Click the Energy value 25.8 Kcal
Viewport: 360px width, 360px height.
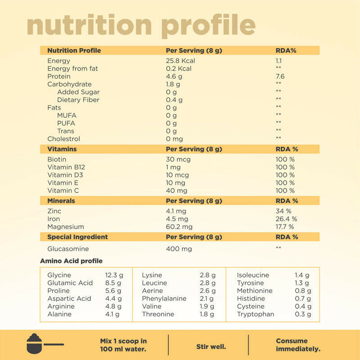(x=180, y=61)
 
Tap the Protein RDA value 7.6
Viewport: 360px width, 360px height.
(x=280, y=76)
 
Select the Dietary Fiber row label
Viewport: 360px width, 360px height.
(x=78, y=100)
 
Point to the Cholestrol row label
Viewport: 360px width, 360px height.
(x=63, y=139)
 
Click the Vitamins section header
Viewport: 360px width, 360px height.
(x=62, y=149)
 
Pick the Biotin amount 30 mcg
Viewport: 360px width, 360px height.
(x=178, y=159)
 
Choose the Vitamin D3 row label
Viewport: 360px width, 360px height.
(x=65, y=175)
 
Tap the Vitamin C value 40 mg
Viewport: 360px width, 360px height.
(x=177, y=191)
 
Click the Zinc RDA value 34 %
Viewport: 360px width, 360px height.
(x=283, y=211)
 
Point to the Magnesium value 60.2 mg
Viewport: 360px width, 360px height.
(x=179, y=227)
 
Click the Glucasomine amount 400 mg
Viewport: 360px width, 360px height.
(x=179, y=249)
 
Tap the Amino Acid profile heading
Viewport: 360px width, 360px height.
(x=71, y=261)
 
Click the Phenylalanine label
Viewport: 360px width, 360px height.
(x=164, y=298)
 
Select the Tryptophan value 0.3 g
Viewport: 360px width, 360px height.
(x=303, y=314)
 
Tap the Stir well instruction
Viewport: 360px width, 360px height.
(x=211, y=347)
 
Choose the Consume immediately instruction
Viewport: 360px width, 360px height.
(x=298, y=345)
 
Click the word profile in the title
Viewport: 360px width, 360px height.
(x=208, y=26)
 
